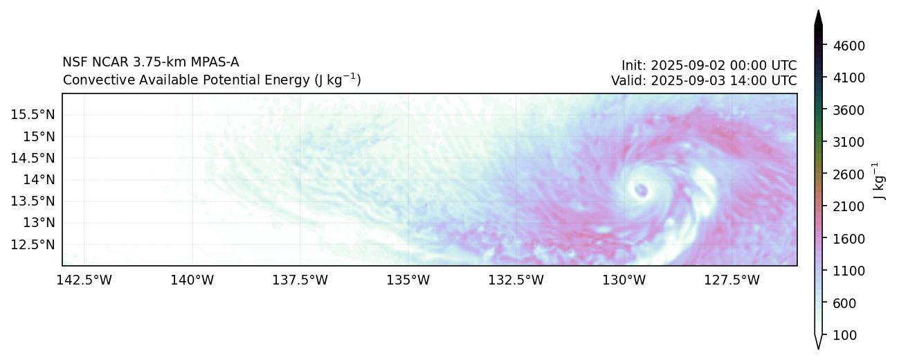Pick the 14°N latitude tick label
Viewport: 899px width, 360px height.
click(x=35, y=179)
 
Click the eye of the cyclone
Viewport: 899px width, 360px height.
click(x=641, y=190)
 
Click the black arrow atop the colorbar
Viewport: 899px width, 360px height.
click(x=818, y=19)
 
